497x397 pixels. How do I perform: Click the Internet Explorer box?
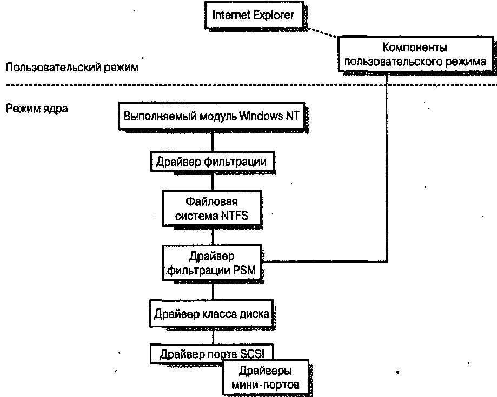(x=253, y=15)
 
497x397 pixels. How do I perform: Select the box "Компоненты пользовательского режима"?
(x=415, y=54)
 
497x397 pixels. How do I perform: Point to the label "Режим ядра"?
(x=37, y=108)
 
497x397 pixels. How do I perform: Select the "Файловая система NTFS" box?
(x=211, y=209)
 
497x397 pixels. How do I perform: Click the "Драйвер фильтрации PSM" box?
(x=211, y=261)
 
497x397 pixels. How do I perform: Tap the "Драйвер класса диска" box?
(x=211, y=313)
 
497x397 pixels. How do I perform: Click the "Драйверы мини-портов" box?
(x=266, y=378)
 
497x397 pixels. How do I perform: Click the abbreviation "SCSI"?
(x=256, y=354)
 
